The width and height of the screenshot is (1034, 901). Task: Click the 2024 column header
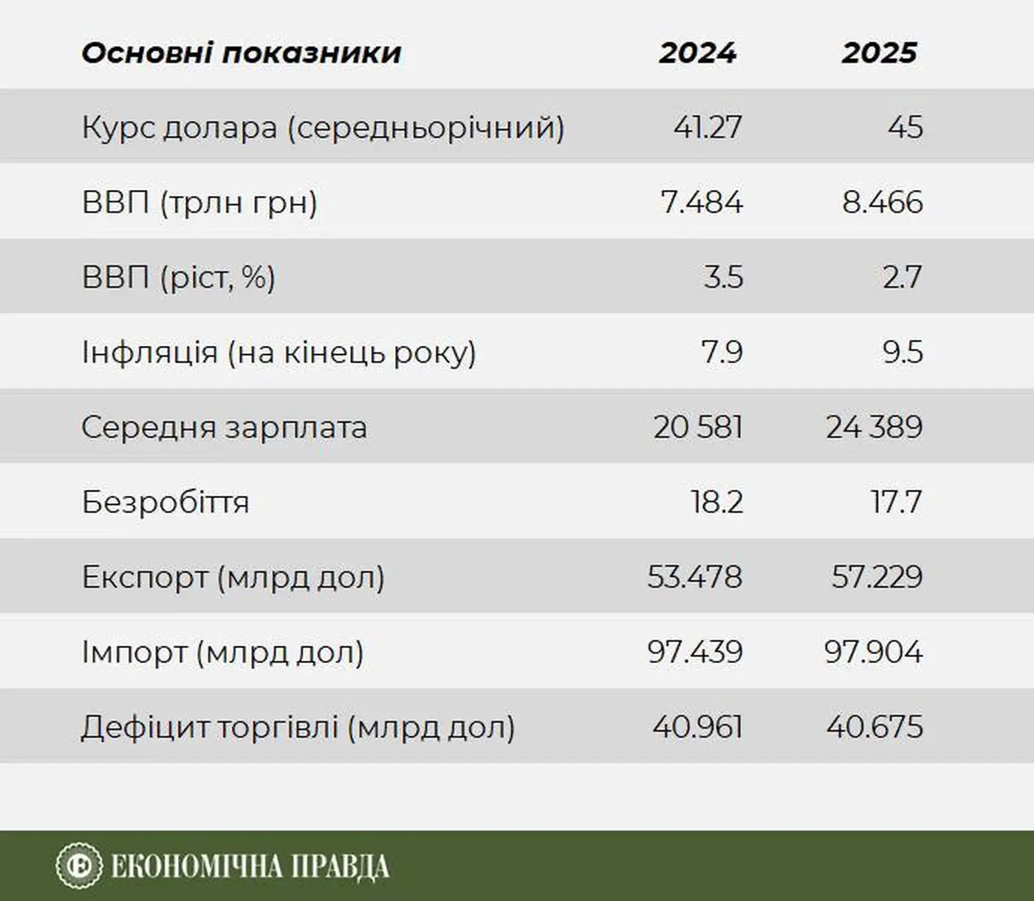tap(697, 52)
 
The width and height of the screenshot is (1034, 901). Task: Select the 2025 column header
tap(879, 52)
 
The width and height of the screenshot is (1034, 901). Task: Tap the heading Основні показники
tap(241, 52)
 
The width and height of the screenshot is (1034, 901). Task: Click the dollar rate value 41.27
tap(707, 127)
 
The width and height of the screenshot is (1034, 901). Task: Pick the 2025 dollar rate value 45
tap(905, 127)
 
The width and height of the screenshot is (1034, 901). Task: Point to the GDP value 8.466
tap(882, 203)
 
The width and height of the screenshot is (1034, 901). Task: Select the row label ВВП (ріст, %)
tap(178, 278)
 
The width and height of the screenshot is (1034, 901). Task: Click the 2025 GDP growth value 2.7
tap(902, 278)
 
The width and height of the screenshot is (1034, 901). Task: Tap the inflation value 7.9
tap(722, 353)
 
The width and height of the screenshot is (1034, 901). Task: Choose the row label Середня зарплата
tap(224, 427)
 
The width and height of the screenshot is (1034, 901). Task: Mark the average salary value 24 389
tap(874, 427)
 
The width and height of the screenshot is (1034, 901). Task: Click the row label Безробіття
tap(165, 503)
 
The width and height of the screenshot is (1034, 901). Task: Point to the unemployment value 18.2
tap(716, 503)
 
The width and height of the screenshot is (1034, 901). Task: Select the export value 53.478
tap(694, 577)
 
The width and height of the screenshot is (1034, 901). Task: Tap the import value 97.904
tap(873, 652)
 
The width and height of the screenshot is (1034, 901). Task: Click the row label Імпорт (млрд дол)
tap(222, 652)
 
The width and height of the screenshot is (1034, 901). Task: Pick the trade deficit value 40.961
tap(696, 727)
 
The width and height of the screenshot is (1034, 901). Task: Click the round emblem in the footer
tap(78, 866)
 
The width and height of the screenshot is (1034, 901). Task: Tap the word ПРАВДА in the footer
tap(340, 866)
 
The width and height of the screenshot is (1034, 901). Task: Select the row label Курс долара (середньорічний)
tap(323, 127)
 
